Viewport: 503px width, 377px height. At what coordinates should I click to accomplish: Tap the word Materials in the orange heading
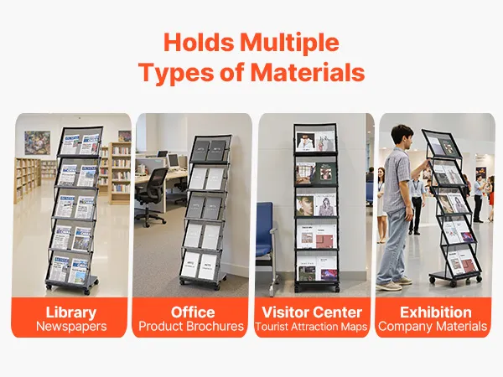[308, 72]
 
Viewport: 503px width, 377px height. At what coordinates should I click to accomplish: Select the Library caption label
[71, 312]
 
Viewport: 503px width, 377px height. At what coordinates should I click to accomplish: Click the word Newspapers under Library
[71, 327]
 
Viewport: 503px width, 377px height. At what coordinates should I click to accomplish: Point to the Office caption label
[193, 312]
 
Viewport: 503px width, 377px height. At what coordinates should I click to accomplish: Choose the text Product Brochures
[191, 327]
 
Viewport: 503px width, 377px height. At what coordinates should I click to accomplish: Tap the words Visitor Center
[312, 312]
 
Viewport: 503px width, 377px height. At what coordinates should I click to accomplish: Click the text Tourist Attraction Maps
[311, 327]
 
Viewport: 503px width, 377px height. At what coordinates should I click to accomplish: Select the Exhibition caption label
[436, 312]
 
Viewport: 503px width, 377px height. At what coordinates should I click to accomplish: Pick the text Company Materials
[433, 327]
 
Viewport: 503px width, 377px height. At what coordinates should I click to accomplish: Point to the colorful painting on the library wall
[37, 142]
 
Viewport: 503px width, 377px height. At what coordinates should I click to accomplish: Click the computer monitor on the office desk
[174, 161]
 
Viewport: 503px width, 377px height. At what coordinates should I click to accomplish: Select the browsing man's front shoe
[389, 287]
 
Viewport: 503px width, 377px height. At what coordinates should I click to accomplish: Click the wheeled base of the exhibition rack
[455, 277]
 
